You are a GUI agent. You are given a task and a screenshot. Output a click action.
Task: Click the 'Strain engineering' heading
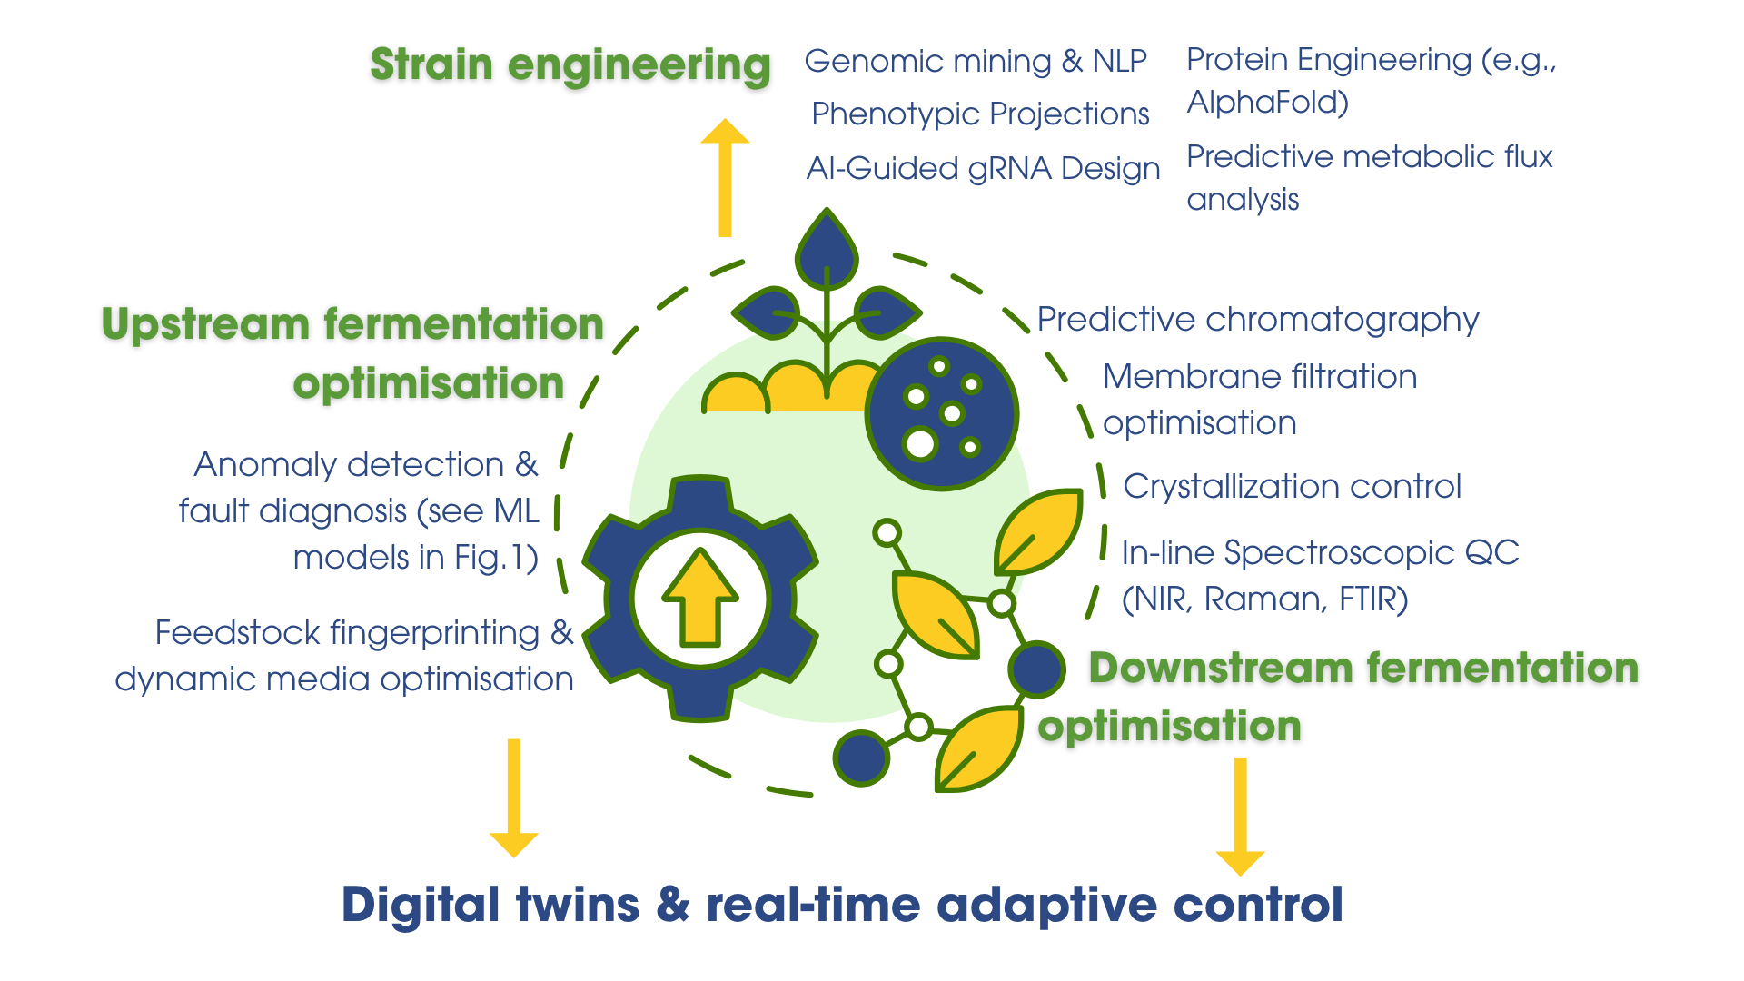[570, 66]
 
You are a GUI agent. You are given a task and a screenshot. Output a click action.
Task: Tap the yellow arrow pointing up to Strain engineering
[725, 177]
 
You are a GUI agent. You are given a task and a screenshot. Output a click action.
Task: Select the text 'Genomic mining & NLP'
[976, 61]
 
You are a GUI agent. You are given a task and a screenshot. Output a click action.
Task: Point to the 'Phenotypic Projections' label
[980, 114]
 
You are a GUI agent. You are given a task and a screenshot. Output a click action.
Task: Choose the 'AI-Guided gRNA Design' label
[984, 169]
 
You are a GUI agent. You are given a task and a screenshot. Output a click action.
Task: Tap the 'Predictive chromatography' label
[1258, 320]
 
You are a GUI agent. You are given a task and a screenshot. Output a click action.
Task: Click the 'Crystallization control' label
[1293, 486]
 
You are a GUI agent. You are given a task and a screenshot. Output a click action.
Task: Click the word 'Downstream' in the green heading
[1222, 668]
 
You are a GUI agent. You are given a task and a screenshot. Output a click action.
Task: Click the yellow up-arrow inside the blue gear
[700, 597]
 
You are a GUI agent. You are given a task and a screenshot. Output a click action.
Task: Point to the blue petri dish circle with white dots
[942, 414]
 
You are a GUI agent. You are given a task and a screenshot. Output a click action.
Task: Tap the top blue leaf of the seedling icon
[827, 250]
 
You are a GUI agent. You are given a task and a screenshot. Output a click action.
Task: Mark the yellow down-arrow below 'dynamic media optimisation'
[514, 798]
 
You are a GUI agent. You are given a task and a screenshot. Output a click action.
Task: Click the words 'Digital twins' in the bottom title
[490, 905]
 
